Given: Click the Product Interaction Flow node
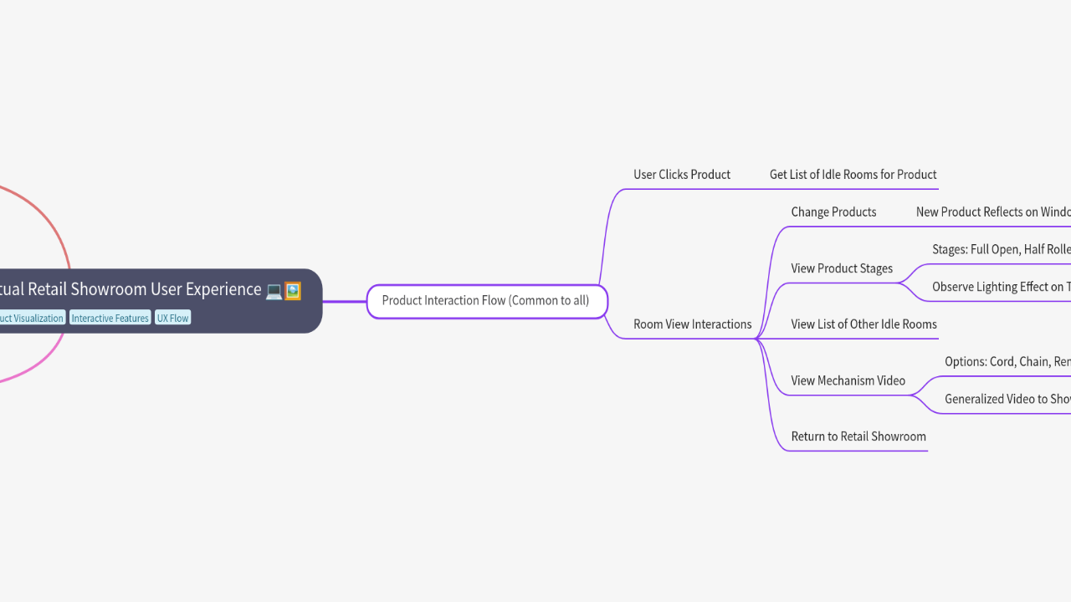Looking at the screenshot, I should pyautogui.click(x=486, y=301).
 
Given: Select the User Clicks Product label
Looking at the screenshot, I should pyautogui.click(x=681, y=175).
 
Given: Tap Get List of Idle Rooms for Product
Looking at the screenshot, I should pyautogui.click(x=853, y=175).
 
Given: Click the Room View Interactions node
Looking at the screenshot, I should pyautogui.click(x=692, y=324).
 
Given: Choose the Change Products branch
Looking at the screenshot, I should pyautogui.click(x=833, y=212).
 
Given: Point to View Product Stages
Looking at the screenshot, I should pyautogui.click(x=841, y=268).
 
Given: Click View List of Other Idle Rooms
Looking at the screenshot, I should pyautogui.click(x=863, y=324).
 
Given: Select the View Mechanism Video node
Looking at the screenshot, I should pyautogui.click(x=848, y=380).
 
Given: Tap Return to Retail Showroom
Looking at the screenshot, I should pyautogui.click(x=858, y=436).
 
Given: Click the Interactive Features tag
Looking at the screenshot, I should pyautogui.click(x=110, y=319).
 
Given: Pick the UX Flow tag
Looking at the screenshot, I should pyautogui.click(x=172, y=319).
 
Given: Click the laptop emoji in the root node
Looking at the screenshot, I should pyautogui.click(x=274, y=291).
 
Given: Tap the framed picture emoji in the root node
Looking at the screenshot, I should pyautogui.click(x=292, y=291).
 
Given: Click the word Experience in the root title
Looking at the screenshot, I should pyautogui.click(x=222, y=289).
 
